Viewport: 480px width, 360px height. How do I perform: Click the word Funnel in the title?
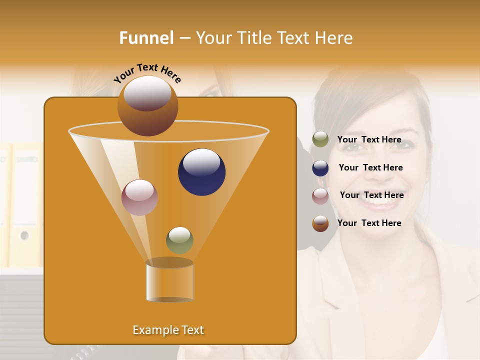point(146,38)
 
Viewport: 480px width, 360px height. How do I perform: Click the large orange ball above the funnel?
point(147,105)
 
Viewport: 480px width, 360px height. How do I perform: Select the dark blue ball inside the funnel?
point(201,172)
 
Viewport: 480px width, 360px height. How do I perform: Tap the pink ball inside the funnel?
point(139,197)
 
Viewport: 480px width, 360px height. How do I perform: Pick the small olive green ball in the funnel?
point(179,240)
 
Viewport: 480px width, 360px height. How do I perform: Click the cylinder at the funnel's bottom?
point(169,281)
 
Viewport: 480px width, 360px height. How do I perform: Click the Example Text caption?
point(168,330)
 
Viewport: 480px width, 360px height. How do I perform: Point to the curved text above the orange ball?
point(147,72)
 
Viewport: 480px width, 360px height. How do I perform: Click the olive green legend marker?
point(320,139)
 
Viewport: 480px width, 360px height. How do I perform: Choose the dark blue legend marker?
point(320,168)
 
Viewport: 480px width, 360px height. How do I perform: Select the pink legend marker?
point(320,196)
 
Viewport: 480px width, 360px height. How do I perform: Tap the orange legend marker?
point(320,223)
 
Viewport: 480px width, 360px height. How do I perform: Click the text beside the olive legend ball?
point(369,140)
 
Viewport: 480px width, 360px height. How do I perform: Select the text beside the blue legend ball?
point(370,168)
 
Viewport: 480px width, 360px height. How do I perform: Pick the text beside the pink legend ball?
point(371,195)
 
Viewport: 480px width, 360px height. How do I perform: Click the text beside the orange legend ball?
point(369,223)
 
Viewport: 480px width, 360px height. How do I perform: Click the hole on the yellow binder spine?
point(24,235)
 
